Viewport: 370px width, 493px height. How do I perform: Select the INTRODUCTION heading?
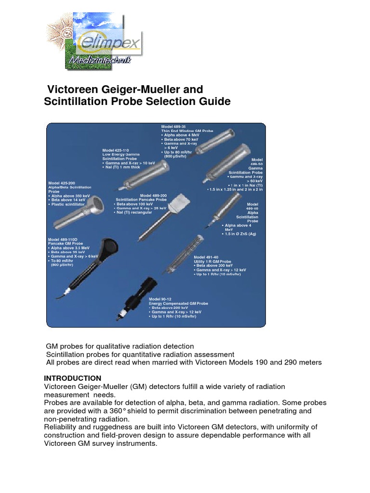point(73,378)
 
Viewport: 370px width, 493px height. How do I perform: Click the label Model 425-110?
point(116,150)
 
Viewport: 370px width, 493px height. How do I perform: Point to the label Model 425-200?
point(62,183)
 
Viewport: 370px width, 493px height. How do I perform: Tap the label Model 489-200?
point(152,195)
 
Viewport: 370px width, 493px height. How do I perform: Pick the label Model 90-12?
point(160,299)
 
